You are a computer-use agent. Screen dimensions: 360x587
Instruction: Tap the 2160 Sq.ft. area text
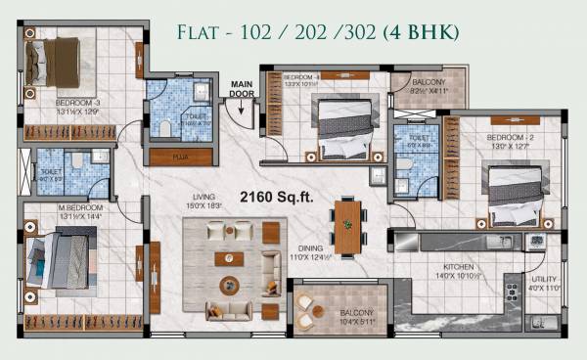coord(277,197)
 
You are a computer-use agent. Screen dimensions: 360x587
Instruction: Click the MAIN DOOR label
coord(242,89)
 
